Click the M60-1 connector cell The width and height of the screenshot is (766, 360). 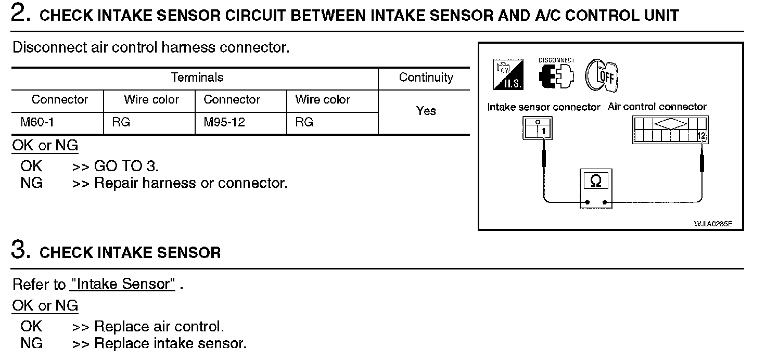[x=37, y=122]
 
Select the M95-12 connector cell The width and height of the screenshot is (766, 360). [x=224, y=122]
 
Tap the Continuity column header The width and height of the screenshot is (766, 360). [x=426, y=78]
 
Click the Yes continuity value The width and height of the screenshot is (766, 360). [x=426, y=111]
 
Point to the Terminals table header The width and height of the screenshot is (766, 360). [x=197, y=78]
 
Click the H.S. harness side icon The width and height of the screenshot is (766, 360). [x=508, y=75]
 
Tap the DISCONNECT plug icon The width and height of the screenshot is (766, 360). [x=556, y=73]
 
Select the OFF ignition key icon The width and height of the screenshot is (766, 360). [x=602, y=75]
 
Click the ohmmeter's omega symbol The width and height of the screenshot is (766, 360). [x=596, y=181]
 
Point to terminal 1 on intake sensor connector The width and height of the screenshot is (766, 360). [x=544, y=132]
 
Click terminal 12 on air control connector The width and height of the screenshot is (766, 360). [x=701, y=136]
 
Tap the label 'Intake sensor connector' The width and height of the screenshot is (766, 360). [x=544, y=107]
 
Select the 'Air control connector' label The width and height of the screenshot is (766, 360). [x=657, y=107]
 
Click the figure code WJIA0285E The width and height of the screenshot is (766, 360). [x=713, y=224]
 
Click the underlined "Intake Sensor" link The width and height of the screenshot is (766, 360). [x=122, y=284]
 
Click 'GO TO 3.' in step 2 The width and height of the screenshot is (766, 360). [x=126, y=166]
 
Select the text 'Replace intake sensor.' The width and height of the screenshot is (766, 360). [x=170, y=343]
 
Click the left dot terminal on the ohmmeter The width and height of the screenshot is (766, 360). [x=588, y=202]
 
